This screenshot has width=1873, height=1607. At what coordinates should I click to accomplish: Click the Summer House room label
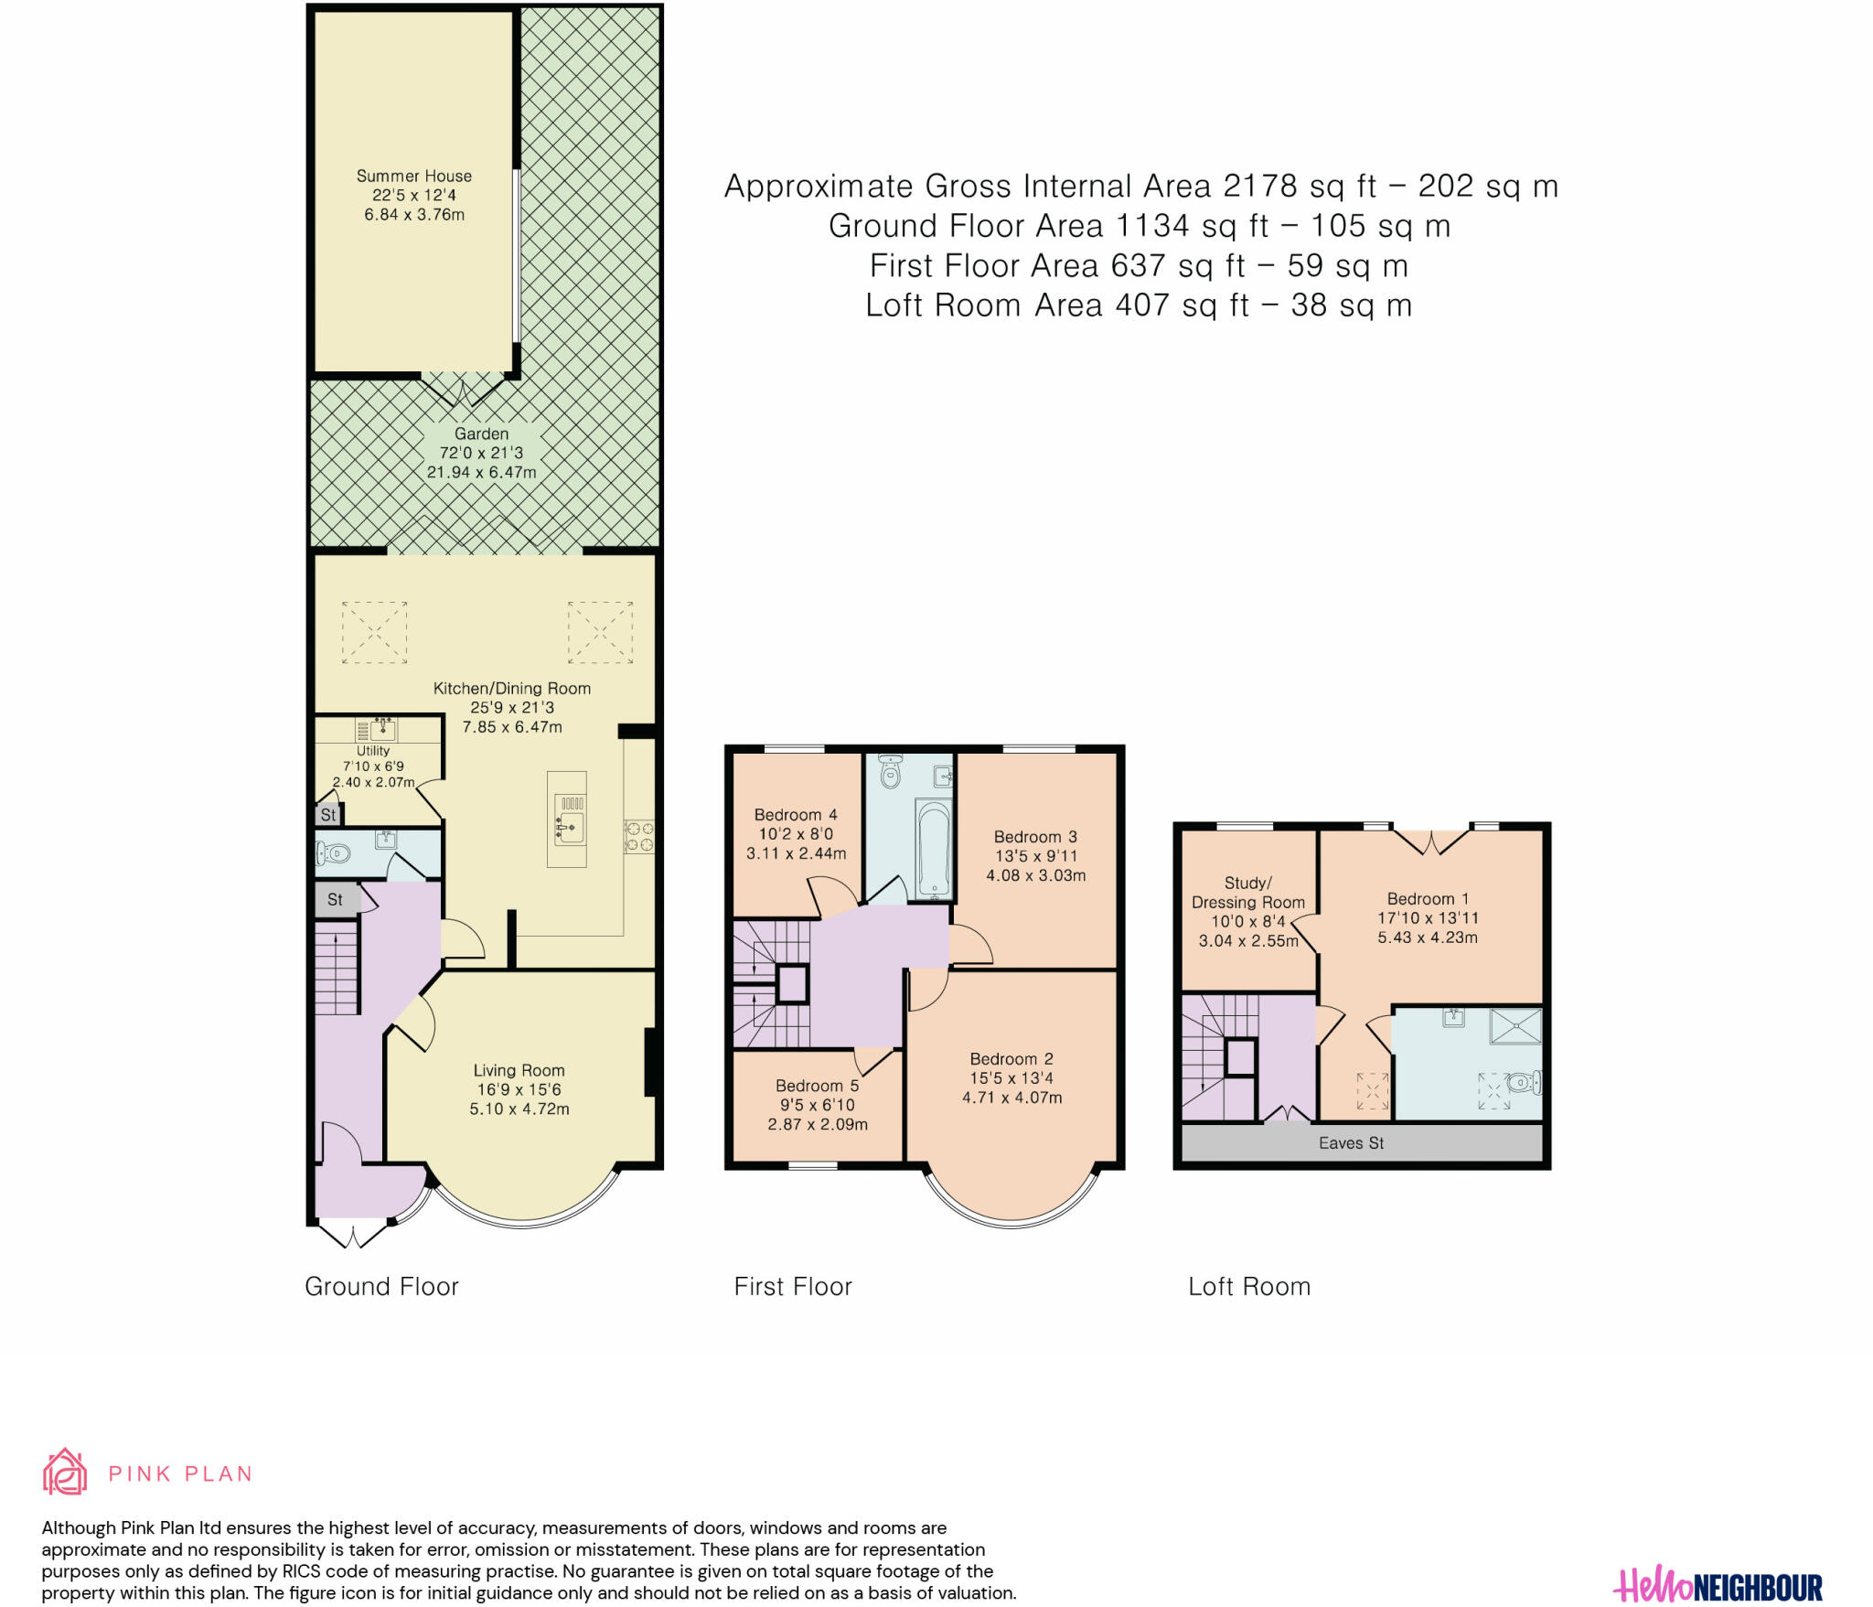[414, 176]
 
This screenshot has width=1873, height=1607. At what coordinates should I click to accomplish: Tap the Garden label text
[481, 434]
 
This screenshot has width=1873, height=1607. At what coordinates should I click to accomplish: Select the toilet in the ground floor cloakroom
[333, 853]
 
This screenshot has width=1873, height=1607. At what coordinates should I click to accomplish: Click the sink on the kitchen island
[570, 827]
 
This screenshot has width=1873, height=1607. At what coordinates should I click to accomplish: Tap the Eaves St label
[1351, 1143]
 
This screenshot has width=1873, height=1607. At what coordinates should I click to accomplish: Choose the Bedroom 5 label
[817, 1086]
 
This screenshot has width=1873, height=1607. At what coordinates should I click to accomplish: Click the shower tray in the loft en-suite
[1515, 1025]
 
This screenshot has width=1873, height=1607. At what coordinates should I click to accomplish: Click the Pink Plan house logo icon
[65, 1472]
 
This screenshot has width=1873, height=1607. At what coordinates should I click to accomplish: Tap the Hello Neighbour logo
[1718, 1586]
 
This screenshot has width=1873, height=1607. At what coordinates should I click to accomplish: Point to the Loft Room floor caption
[1249, 1287]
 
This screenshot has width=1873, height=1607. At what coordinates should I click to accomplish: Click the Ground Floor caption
[381, 1287]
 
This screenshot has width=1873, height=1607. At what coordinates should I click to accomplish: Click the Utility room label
[373, 751]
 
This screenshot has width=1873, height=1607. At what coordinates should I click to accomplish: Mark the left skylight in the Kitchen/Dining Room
[374, 632]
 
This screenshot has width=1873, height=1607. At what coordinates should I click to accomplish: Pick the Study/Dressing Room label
[1248, 893]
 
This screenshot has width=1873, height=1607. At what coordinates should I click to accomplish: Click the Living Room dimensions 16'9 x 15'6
[519, 1089]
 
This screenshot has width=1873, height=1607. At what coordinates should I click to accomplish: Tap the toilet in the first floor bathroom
[889, 772]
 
